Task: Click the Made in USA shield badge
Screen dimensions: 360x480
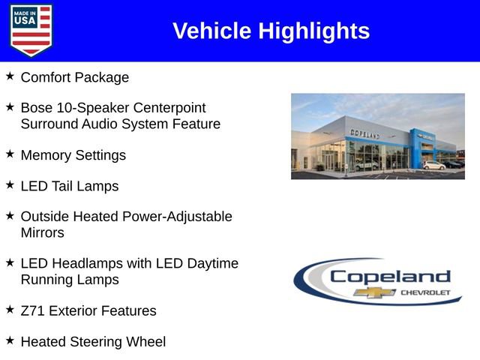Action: click(x=31, y=30)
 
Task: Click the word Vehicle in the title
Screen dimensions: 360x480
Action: click(x=212, y=31)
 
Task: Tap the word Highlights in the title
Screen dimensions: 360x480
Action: click(x=314, y=31)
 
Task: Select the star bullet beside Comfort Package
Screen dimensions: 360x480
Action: click(x=10, y=76)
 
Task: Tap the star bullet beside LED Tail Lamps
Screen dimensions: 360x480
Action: click(x=10, y=185)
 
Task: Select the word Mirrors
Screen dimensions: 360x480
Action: click(x=43, y=232)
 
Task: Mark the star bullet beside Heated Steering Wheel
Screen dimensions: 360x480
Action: click(x=10, y=340)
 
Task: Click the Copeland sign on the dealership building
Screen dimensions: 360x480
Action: click(x=364, y=133)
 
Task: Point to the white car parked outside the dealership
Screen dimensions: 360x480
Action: click(x=433, y=165)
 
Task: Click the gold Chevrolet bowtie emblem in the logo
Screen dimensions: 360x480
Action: click(x=375, y=292)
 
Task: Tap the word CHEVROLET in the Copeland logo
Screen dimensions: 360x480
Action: click(x=424, y=292)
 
